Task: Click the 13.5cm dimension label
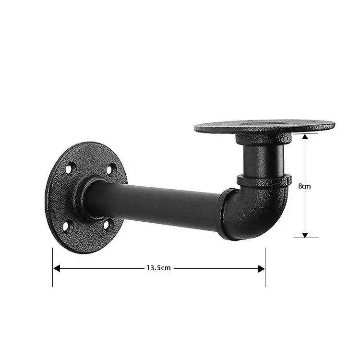click(158, 268)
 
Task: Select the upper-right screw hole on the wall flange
click(110, 168)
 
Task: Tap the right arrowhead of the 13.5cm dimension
click(262, 268)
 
